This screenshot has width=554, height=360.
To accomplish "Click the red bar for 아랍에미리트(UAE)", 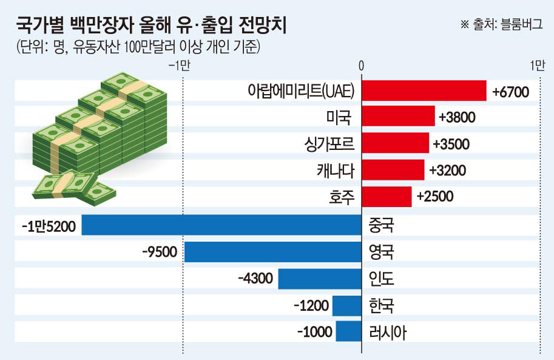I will (424, 91).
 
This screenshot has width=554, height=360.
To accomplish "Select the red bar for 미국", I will (398, 117).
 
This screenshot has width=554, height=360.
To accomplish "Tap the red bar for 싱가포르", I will (396, 144).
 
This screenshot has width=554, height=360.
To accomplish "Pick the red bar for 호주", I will (387, 197).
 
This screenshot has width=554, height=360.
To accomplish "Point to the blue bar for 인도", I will (320, 279).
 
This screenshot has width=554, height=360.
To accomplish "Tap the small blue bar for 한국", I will (347, 305).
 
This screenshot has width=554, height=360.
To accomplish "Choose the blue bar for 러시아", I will (348, 331).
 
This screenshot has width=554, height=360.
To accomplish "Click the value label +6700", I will (511, 92).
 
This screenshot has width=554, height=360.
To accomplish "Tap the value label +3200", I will (447, 171).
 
